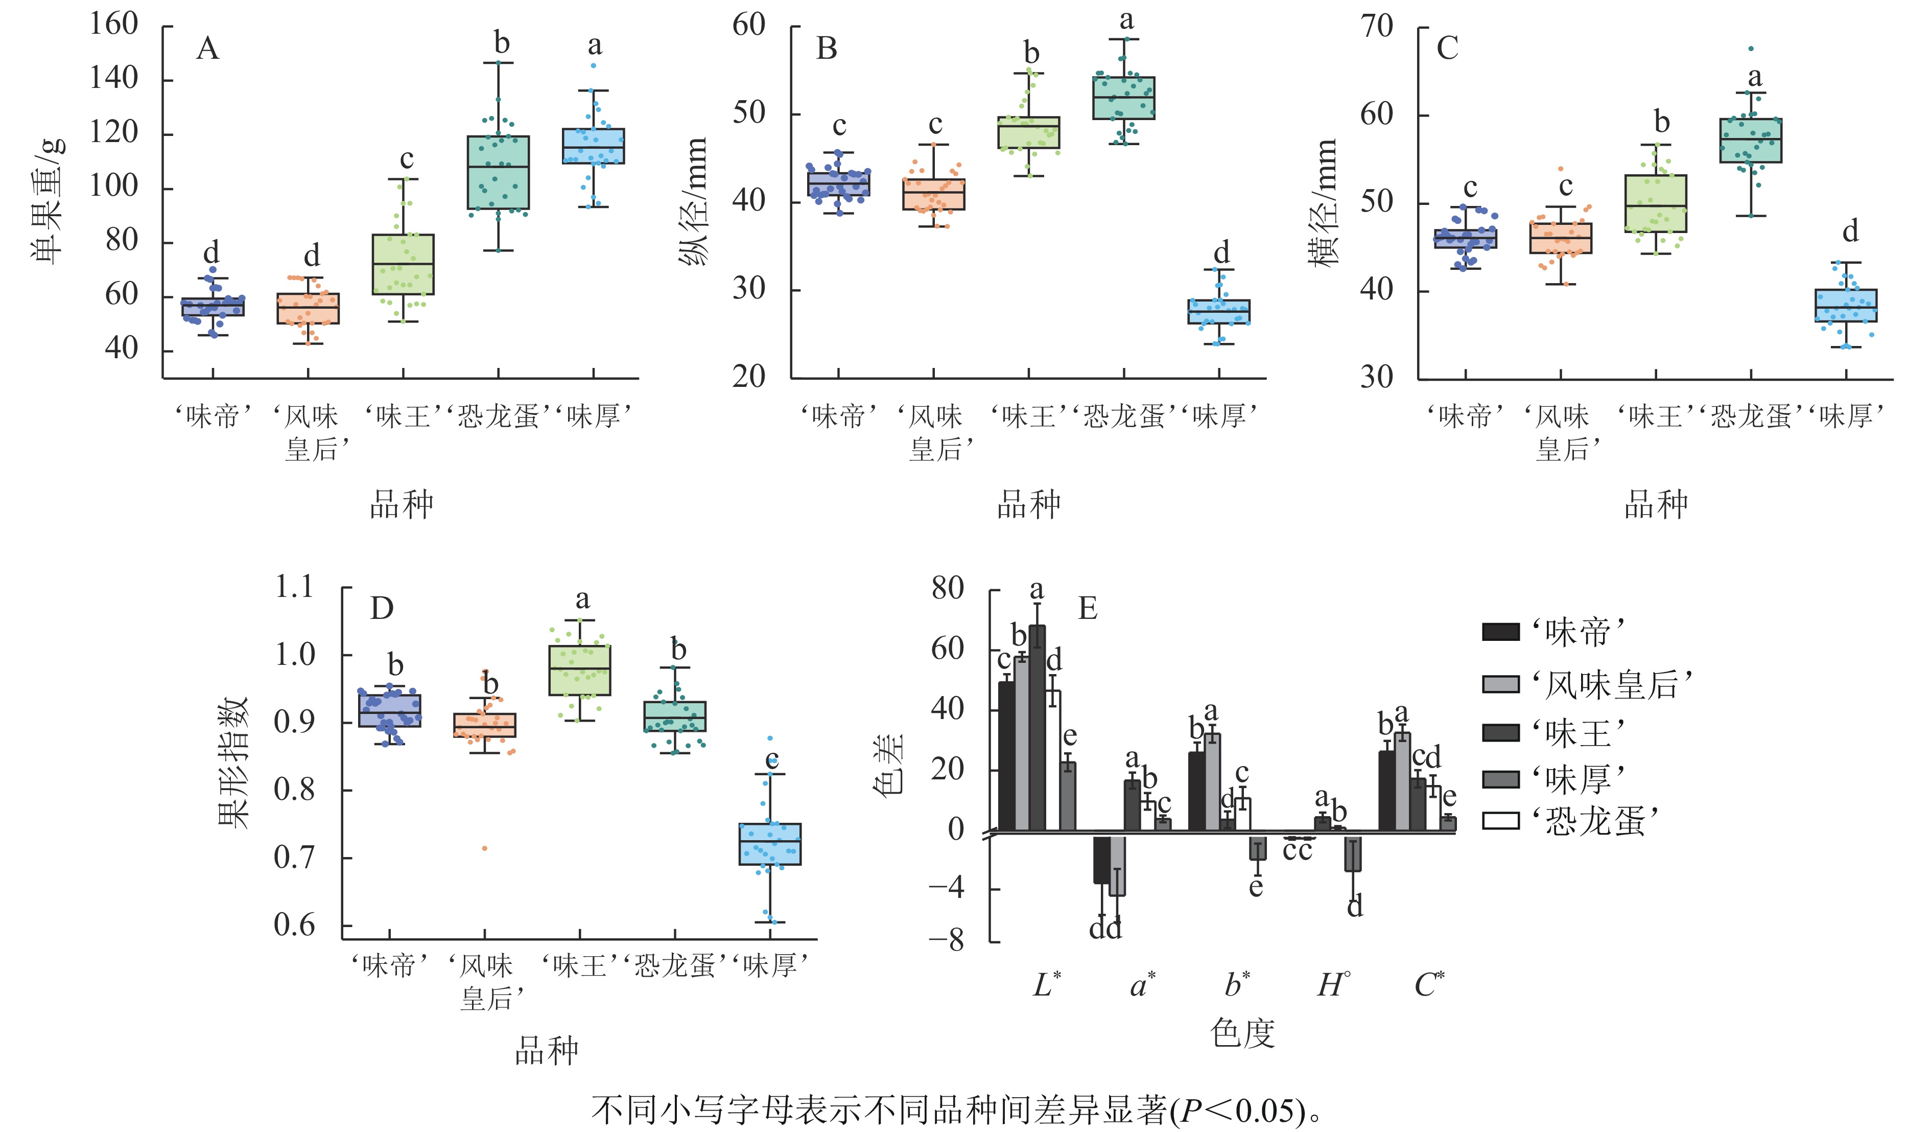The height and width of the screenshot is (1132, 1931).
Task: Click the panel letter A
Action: tap(207, 49)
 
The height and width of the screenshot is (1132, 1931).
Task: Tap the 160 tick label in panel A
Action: tap(113, 25)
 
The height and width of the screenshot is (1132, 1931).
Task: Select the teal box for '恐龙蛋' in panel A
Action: tap(498, 172)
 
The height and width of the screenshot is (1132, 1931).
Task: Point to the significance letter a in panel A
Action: tap(595, 46)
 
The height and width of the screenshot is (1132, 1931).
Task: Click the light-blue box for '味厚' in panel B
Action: tap(1218, 312)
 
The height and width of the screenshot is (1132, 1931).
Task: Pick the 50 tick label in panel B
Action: tap(749, 113)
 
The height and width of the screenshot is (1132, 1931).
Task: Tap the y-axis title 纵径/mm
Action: tap(694, 201)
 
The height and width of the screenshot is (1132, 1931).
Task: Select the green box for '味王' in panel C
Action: tap(1656, 203)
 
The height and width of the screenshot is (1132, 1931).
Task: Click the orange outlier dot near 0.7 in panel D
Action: tap(484, 848)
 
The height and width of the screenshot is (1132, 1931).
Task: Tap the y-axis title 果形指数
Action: tap(234, 763)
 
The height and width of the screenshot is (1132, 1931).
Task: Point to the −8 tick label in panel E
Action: tap(947, 941)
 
